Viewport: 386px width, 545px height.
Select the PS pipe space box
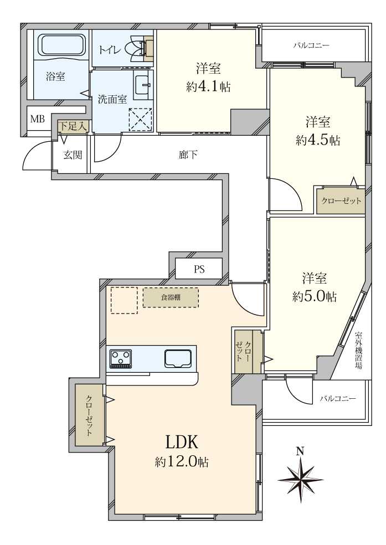[x=199, y=269]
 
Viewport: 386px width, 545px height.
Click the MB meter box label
[x=37, y=119]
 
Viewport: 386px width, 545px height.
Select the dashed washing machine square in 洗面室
[x=141, y=119]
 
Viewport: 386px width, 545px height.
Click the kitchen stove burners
[x=121, y=358]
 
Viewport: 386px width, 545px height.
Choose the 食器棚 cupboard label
[x=171, y=297]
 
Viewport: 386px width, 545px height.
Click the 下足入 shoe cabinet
[x=73, y=126]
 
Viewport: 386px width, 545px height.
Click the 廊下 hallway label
[x=188, y=155]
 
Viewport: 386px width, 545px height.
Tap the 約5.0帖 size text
[x=314, y=296]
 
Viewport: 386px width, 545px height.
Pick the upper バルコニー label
[x=311, y=45]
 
